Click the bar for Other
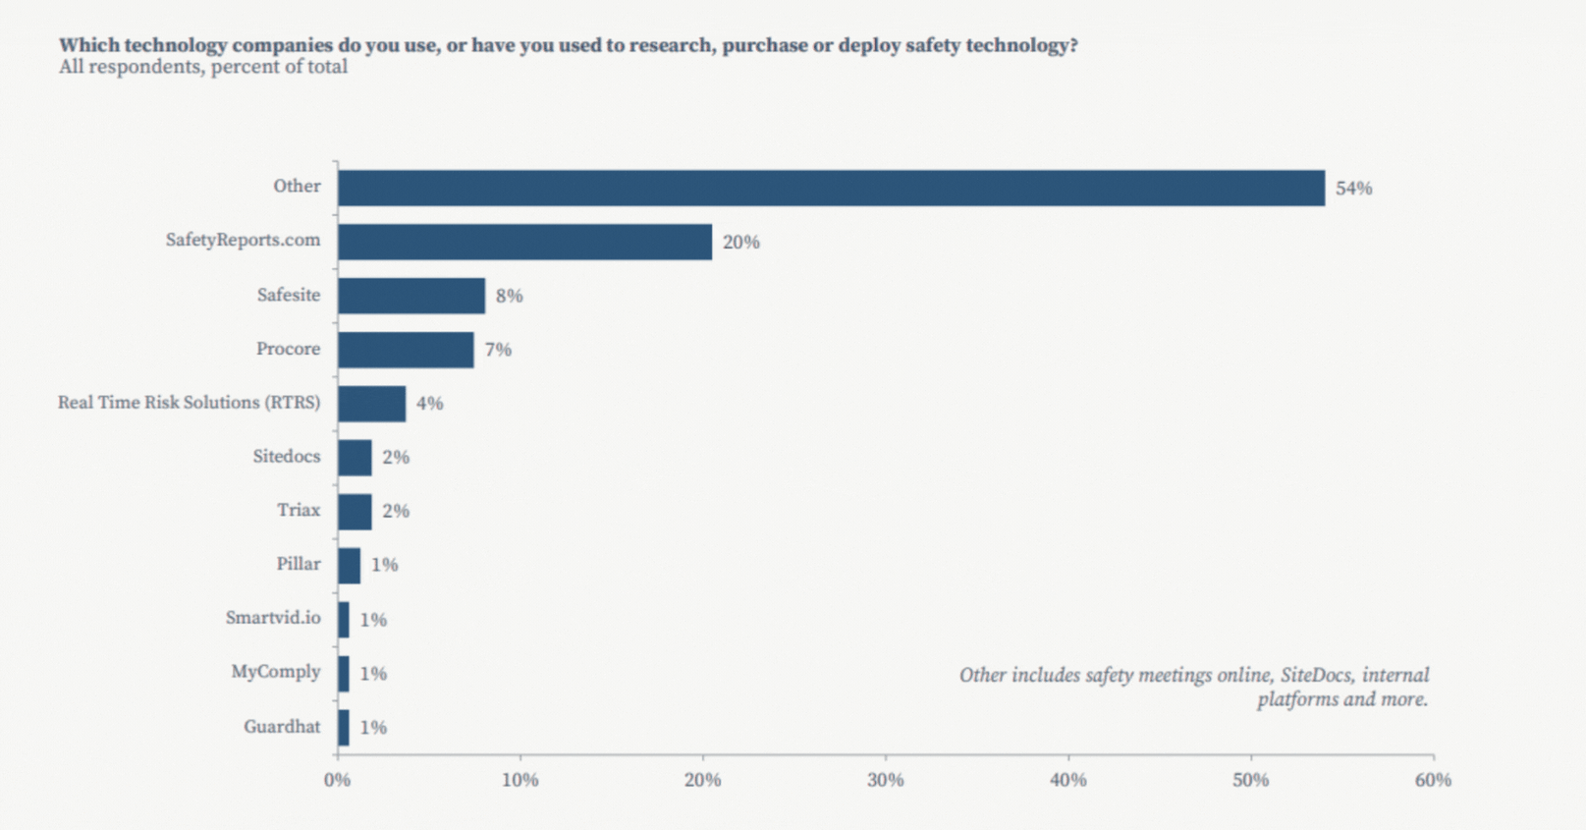(831, 188)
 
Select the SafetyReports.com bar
(524, 242)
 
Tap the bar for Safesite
(410, 296)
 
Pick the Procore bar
(406, 350)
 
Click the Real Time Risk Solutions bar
(371, 404)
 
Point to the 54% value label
(1353, 189)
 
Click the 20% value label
(740, 243)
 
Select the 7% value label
(498, 350)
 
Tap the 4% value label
(429, 404)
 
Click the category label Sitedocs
(286, 456)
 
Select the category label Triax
(298, 510)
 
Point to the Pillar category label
(298, 564)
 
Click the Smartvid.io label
(272, 618)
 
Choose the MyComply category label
(275, 672)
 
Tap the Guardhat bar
(344, 728)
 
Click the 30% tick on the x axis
(885, 780)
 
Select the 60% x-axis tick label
(1433, 780)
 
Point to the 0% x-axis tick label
(337, 780)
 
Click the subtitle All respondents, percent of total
(202, 67)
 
